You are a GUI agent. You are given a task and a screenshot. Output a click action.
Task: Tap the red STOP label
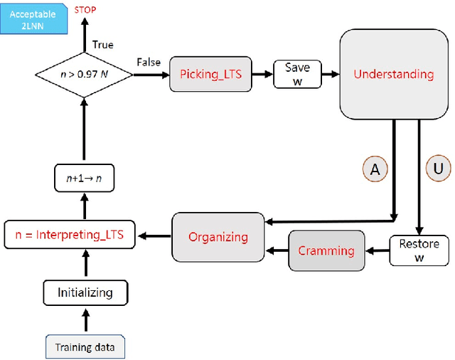[85, 10]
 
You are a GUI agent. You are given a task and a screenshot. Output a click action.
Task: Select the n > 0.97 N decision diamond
[85, 73]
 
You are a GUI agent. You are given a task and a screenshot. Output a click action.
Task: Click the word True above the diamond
[103, 45]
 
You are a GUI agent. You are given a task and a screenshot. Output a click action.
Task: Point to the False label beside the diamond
[148, 63]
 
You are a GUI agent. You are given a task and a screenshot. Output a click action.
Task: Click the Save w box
[297, 73]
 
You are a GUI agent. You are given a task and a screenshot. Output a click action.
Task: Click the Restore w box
[419, 250]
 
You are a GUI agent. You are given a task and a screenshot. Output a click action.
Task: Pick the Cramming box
[326, 250]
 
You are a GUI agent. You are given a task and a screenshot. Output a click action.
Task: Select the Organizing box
[218, 237]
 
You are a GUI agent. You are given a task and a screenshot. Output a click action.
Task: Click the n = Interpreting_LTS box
[69, 234]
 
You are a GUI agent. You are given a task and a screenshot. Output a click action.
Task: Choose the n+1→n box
[85, 177]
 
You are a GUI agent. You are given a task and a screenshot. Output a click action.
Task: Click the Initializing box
[85, 292]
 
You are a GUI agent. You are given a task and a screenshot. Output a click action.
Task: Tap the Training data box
[85, 348]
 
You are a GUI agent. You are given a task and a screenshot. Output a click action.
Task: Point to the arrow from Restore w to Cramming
[377, 250]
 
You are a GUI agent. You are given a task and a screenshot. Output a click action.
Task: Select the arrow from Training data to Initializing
[85, 320]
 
